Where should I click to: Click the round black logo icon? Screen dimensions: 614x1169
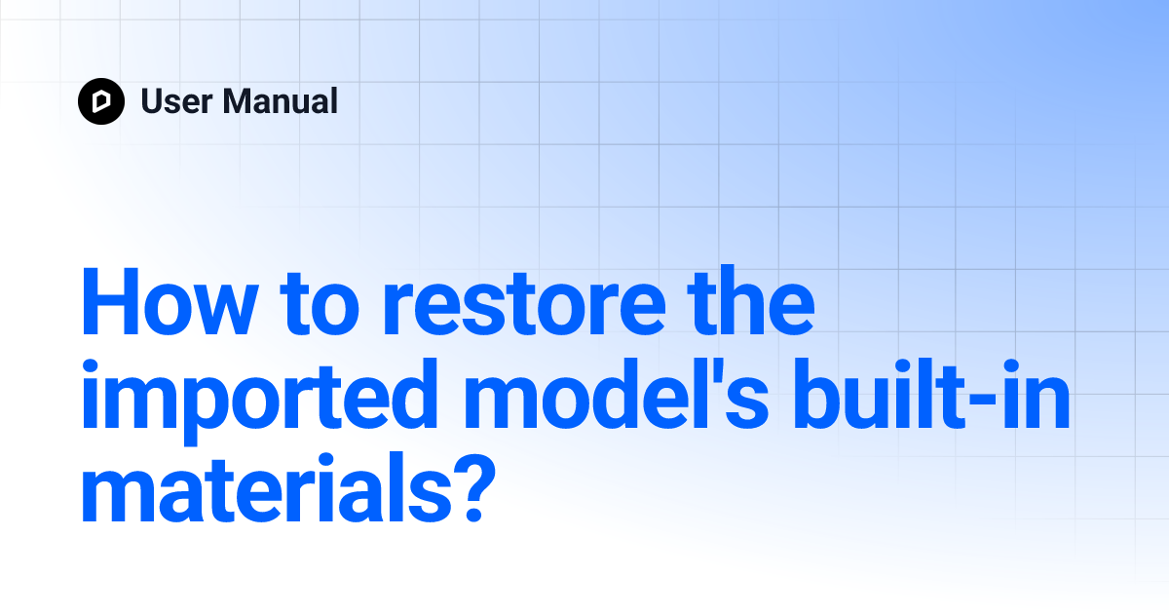point(101,100)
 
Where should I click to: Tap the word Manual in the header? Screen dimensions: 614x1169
point(280,100)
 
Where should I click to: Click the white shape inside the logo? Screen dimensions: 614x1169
point(101,100)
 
